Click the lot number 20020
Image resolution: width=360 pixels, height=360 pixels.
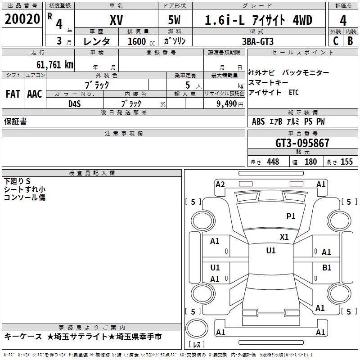point(22,20)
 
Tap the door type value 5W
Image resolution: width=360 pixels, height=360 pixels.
point(175,21)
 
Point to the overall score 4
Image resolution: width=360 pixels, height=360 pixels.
point(343,21)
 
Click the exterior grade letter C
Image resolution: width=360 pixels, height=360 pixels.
point(335,40)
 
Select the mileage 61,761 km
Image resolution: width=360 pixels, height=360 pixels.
point(52,64)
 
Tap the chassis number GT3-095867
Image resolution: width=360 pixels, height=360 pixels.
point(302,143)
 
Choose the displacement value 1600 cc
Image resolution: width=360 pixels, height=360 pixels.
point(140,41)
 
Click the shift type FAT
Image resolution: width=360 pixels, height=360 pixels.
point(13,94)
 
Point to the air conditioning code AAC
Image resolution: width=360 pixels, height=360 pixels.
point(35,94)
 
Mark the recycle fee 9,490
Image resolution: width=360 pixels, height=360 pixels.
point(225,103)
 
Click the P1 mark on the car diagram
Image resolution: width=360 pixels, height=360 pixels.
point(291,216)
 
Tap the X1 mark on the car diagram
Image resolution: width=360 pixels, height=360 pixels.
point(284,237)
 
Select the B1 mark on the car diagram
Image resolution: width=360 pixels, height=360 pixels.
point(327,267)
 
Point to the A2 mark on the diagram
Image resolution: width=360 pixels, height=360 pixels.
point(220,184)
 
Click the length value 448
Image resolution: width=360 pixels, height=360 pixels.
point(273,162)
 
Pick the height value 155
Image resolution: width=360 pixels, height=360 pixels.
point(346,162)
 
